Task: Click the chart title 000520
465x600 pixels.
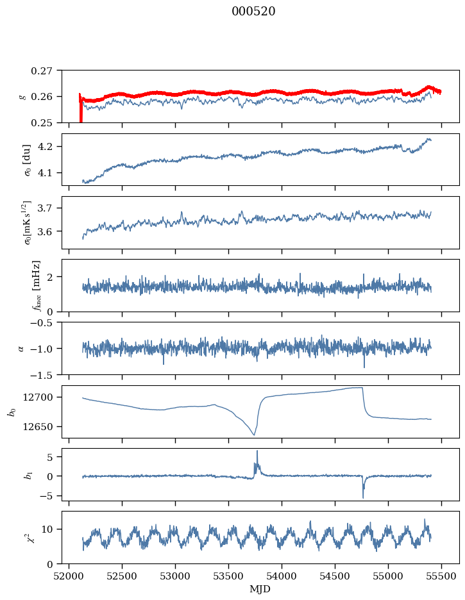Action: [253, 12]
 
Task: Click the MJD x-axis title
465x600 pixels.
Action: [260, 588]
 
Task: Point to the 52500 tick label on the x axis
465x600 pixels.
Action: [122, 576]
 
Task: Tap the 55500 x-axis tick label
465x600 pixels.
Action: [441, 576]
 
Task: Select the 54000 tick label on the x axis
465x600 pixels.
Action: [282, 576]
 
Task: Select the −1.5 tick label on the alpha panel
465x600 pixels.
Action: [43, 375]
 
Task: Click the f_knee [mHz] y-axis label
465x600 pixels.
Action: [37, 285]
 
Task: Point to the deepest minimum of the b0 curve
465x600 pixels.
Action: [254, 435]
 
